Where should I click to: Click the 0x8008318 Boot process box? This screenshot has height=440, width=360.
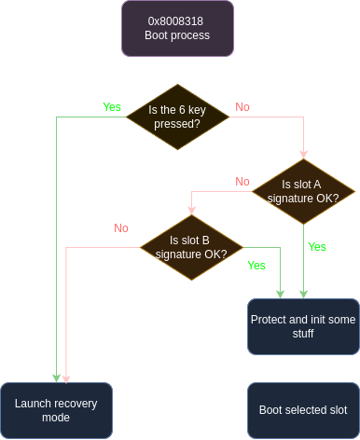pos(176,29)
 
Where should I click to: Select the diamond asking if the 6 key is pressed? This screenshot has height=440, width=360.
pos(176,117)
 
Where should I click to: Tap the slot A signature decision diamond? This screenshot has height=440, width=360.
pos(304,190)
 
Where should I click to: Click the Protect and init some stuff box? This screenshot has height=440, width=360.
pos(303,326)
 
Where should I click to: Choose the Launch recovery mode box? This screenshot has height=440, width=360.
pos(56,410)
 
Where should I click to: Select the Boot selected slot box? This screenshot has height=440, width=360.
pos(303,410)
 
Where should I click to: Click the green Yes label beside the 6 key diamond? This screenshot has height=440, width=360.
pos(112,107)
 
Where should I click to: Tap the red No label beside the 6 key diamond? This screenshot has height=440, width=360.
pos(242,107)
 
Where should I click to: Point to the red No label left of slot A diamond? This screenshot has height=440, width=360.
pos(242,182)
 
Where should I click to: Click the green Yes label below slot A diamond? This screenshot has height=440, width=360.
pos(317,247)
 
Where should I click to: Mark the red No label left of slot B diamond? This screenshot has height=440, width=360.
pos(121,227)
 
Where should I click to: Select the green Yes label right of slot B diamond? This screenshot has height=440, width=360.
pos(256,266)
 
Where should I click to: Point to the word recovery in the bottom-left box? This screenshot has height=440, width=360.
pos(74,403)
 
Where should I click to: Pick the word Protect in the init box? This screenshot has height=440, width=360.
pos(270,319)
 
